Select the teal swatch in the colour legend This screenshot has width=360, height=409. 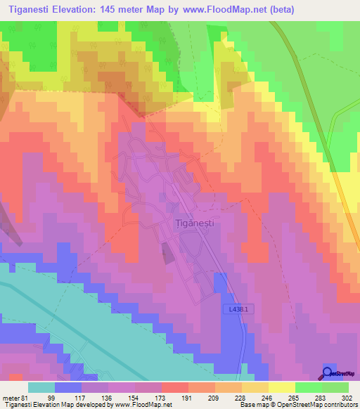click(41, 387)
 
